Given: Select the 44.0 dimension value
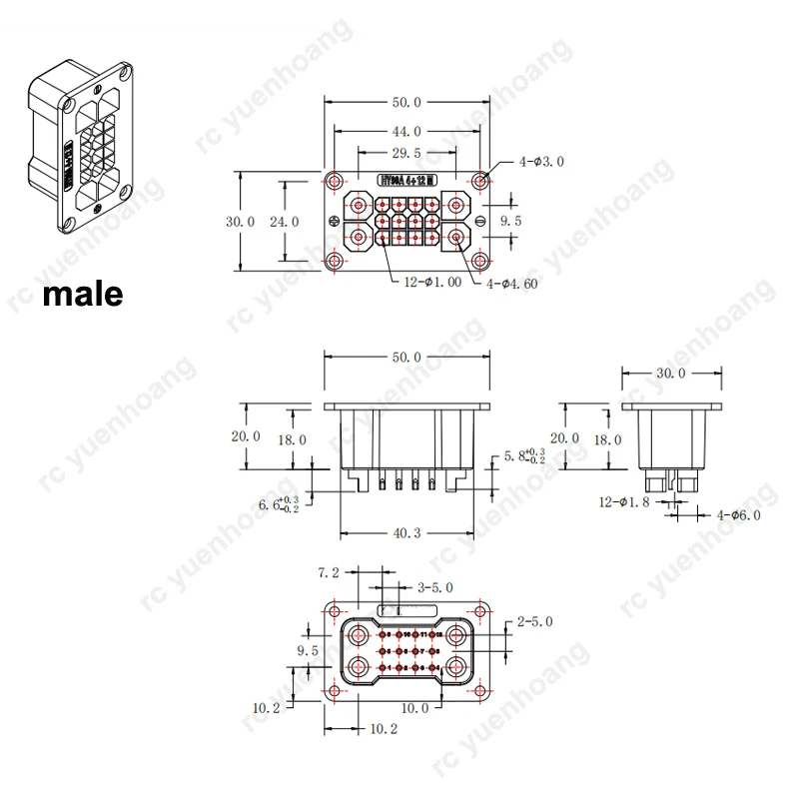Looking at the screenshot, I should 405,131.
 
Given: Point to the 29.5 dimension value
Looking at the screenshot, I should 405,153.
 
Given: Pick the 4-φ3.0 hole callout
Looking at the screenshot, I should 542,160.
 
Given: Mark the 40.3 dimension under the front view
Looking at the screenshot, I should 405,533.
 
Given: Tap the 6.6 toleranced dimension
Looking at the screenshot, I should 278,504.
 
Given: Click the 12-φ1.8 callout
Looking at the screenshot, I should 624,501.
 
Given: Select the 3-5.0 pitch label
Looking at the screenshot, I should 435,587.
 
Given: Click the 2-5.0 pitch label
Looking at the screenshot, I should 534,621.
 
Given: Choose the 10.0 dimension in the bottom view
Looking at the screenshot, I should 415,708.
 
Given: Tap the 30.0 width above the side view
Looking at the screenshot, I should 669,374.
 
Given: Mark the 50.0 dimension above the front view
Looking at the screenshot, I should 405,358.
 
